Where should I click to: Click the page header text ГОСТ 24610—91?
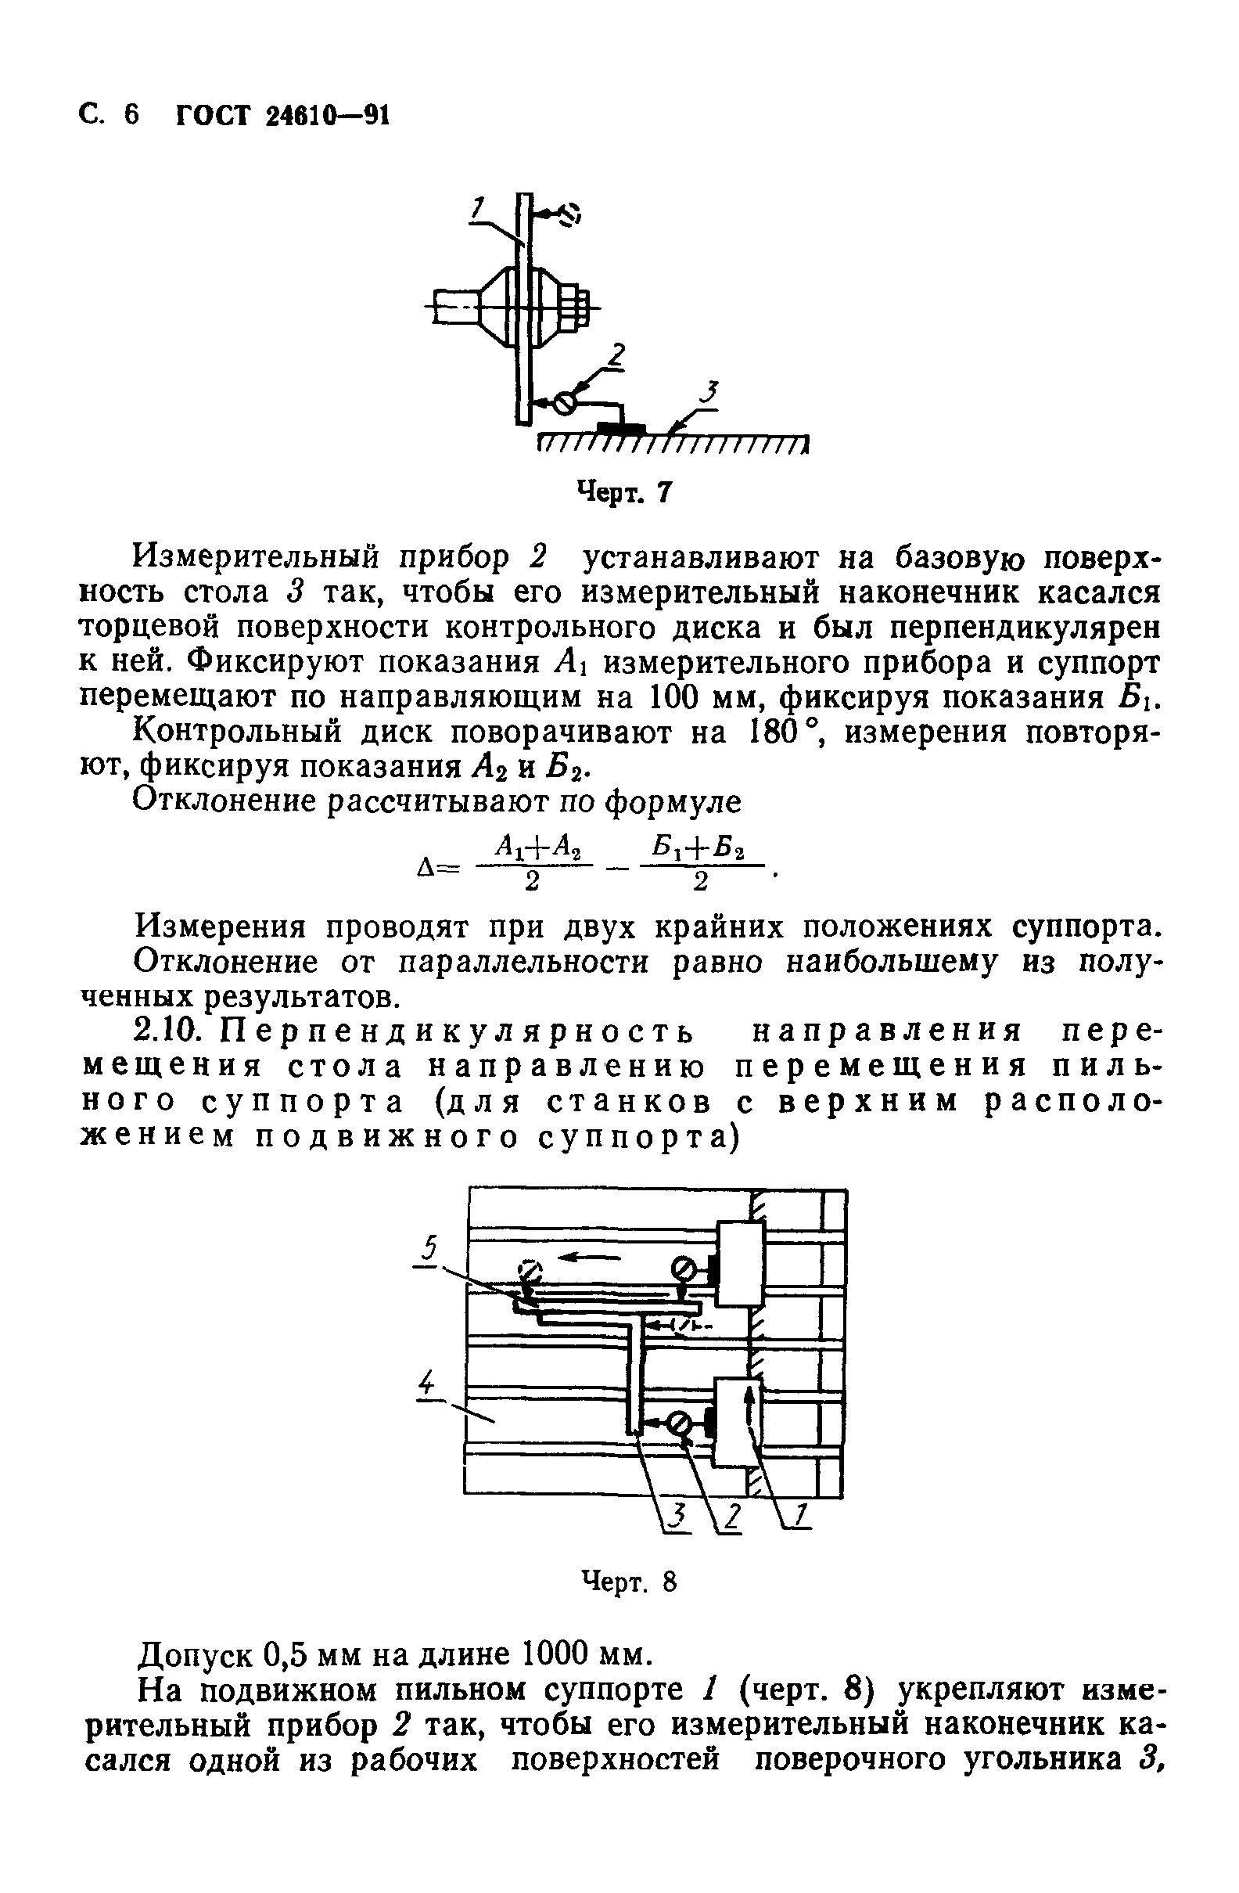[x=282, y=115]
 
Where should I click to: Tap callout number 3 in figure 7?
[x=710, y=391]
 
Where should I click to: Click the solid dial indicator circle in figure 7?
[x=565, y=403]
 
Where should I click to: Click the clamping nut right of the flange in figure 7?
[x=576, y=308]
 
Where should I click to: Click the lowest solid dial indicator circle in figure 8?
[x=681, y=1423]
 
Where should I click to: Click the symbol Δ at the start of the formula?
[x=423, y=868]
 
